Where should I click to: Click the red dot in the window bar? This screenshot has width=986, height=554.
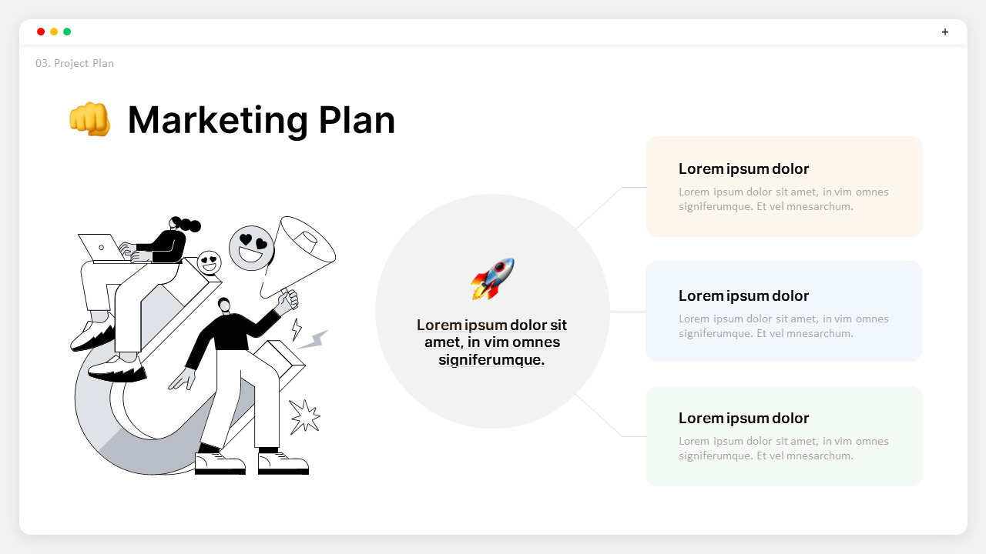click(41, 32)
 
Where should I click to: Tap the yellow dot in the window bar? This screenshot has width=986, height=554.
click(54, 32)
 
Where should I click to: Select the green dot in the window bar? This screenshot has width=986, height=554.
click(67, 32)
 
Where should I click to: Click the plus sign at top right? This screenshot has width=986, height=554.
click(945, 32)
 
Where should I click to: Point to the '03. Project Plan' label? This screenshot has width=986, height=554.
click(75, 63)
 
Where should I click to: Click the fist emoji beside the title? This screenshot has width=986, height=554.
click(90, 120)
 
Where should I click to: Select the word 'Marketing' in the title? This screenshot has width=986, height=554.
click(218, 120)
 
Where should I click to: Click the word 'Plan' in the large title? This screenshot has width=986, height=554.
click(357, 120)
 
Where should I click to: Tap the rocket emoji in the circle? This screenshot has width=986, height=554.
click(492, 279)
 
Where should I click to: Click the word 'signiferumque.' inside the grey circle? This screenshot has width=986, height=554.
click(491, 359)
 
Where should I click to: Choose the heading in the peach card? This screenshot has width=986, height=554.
click(743, 169)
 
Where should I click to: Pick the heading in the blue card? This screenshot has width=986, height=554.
click(743, 295)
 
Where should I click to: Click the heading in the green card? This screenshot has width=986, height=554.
click(743, 418)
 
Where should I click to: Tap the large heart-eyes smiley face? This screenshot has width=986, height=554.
click(251, 248)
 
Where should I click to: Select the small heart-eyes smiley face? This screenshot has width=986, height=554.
click(209, 262)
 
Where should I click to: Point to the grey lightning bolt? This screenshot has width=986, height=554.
click(312, 339)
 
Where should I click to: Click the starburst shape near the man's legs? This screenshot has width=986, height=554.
click(304, 415)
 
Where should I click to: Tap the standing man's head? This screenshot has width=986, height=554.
click(223, 305)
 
